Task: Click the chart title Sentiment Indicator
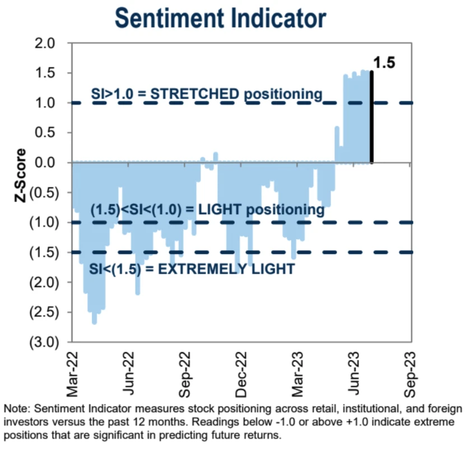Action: (220, 18)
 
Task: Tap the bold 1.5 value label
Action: (384, 62)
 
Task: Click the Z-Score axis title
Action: (21, 175)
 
